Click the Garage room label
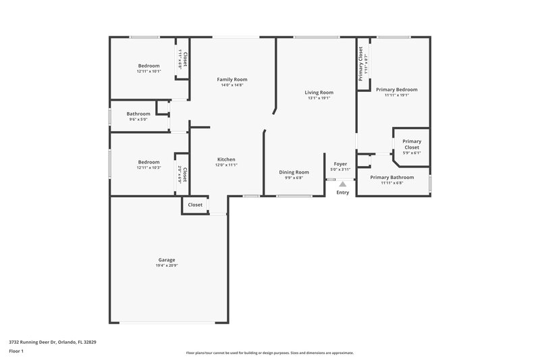[x=167, y=260]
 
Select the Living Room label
[x=319, y=93]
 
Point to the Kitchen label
[x=225, y=159]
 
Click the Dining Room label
[x=294, y=172]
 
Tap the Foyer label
[x=340, y=164]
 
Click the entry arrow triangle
[x=343, y=183]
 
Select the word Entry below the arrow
[x=343, y=192]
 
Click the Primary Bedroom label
[x=397, y=89]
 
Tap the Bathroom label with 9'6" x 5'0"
[x=138, y=113]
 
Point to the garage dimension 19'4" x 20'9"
[x=167, y=265]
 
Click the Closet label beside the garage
[x=195, y=205]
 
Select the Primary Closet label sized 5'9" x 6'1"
[x=412, y=145]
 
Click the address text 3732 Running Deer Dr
[x=53, y=342]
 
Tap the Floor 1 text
[x=16, y=351]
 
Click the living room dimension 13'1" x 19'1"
[x=319, y=98]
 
